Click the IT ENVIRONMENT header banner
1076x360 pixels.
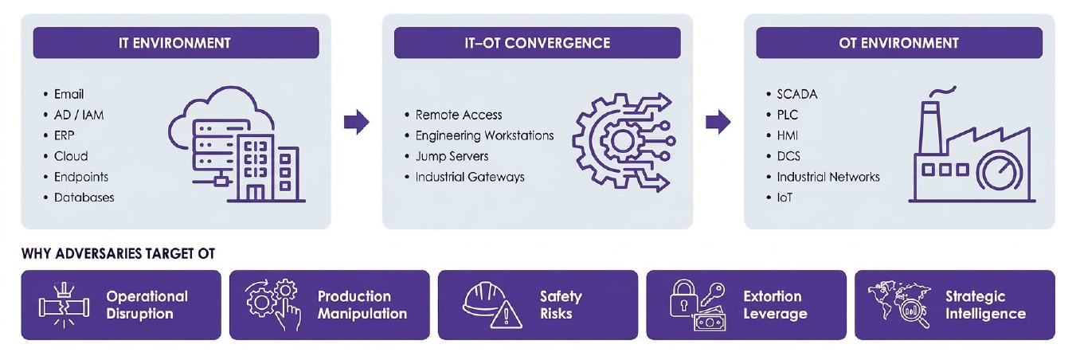tap(176, 43)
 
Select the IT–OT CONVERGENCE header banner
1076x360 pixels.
tap(537, 43)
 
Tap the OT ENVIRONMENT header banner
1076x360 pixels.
tap(898, 43)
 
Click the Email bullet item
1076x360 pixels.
tap(64, 94)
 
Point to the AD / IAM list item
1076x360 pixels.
tap(73, 115)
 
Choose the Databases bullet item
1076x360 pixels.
tap(80, 198)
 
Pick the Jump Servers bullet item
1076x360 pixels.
tap(447, 156)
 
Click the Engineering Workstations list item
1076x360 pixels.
tap(479, 135)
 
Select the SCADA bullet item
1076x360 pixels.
tap(792, 94)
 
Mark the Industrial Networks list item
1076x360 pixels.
tap(824, 177)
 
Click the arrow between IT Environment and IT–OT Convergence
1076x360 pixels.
tap(357, 122)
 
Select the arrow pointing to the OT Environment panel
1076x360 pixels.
tap(718, 122)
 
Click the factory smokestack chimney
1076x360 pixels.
tap(929, 127)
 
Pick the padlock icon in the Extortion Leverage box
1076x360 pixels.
tap(684, 299)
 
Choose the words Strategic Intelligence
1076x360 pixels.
tap(985, 305)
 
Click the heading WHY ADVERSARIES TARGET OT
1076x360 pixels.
tap(118, 253)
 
